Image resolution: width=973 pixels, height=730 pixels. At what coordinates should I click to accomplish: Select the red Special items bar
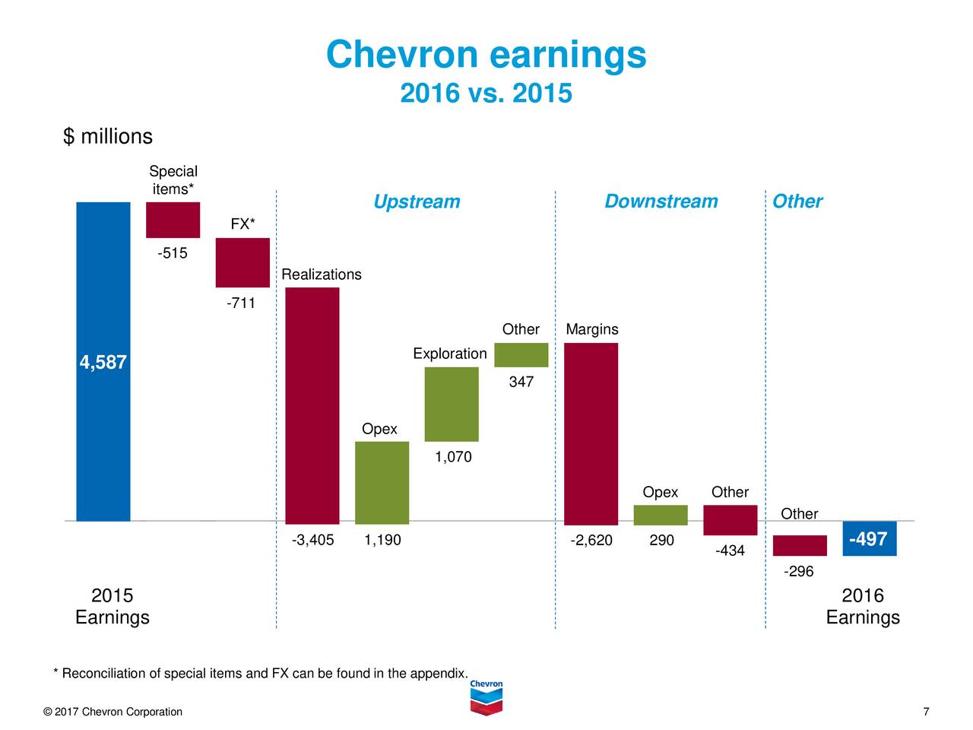pos(173,220)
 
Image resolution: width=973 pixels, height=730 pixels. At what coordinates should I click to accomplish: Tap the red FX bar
pos(242,262)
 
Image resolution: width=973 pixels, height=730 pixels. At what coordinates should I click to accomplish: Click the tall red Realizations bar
pos(312,405)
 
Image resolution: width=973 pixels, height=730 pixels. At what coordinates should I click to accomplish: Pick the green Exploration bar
pos(452,404)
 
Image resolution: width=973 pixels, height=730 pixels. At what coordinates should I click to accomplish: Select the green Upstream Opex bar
pos(382,482)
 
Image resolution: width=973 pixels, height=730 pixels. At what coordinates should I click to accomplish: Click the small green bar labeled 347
pos(521,355)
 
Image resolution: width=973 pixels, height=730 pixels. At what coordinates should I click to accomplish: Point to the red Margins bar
pos(591,433)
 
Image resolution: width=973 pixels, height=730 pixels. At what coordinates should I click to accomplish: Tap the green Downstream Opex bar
pos(661,515)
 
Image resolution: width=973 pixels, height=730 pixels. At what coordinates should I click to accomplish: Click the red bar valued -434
pos(731,520)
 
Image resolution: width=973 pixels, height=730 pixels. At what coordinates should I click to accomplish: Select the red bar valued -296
pos(800,545)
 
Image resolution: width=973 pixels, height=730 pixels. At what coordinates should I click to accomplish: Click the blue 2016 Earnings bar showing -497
pos(870,538)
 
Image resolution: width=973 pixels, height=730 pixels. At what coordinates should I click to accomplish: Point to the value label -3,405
pos(312,541)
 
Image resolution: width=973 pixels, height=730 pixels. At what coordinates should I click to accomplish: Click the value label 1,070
pos(453,457)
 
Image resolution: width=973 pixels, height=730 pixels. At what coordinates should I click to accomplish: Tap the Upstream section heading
pos(417,202)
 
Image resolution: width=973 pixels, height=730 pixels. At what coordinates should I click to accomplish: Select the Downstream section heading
pos(661,202)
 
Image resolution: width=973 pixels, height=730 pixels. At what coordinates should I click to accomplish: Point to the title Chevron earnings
pos(486,55)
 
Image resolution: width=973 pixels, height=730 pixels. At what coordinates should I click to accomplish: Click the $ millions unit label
pos(108,137)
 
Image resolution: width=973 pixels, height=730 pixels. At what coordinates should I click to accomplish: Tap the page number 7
pos(926,712)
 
